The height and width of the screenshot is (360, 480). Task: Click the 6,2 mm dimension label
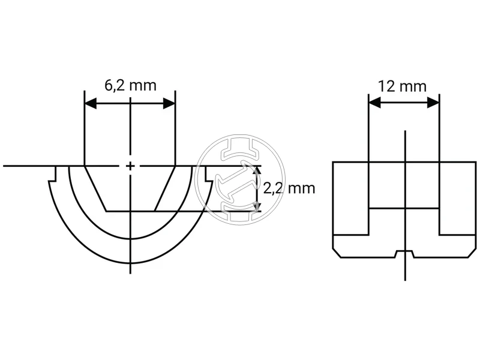click(130, 85)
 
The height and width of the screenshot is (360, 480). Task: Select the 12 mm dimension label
click(402, 86)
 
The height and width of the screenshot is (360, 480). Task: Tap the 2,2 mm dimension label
click(289, 188)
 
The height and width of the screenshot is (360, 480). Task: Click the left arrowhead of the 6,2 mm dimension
click(91, 103)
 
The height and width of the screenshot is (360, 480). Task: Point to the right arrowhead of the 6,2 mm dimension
click(169, 103)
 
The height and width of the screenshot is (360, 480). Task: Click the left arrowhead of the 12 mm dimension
click(375, 103)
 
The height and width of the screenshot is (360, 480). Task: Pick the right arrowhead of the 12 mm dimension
click(433, 103)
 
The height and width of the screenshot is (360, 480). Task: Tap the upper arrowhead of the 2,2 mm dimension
click(257, 170)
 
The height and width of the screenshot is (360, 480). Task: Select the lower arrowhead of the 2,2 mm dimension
click(257, 206)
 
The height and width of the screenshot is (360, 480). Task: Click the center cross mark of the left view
click(130, 166)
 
